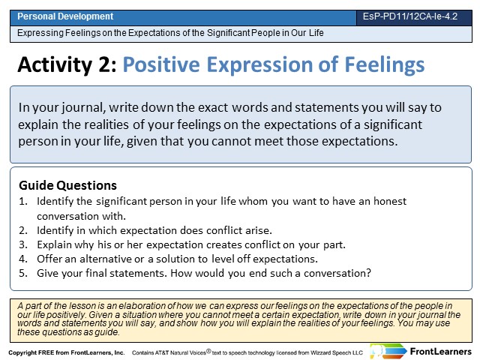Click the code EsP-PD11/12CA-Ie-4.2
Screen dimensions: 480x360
[410, 16]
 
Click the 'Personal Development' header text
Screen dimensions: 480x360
[65, 16]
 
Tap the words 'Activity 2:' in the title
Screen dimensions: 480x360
[67, 64]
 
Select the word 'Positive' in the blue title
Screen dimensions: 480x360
[161, 64]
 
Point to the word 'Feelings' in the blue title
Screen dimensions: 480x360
[385, 65]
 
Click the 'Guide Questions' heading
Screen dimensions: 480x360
[67, 185]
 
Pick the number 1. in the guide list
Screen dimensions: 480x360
[23, 202]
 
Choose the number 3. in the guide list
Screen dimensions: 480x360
[23, 245]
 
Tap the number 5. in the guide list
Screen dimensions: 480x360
[23, 273]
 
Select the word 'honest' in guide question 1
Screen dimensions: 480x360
[390, 201]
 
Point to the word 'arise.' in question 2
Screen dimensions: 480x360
[259, 230]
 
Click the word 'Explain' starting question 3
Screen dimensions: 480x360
[54, 245]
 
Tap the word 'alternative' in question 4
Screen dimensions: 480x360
[106, 259]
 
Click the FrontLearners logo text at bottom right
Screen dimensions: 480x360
[440, 352]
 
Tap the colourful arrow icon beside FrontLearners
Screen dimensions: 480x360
[388, 352]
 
